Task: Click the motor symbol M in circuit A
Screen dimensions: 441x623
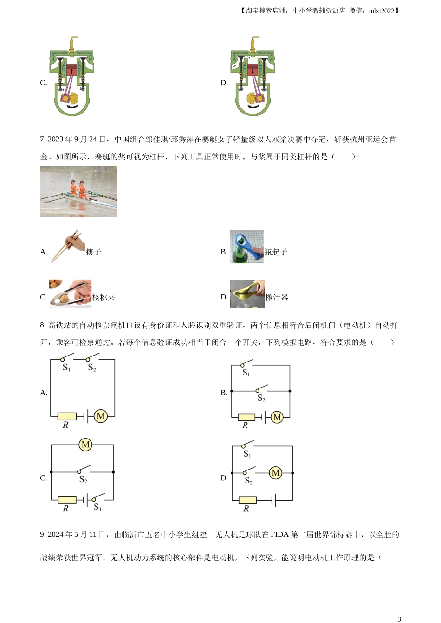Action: click(x=101, y=416)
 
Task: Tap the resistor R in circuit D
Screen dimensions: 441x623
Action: click(x=247, y=500)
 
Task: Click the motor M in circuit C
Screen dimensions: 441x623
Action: click(x=85, y=445)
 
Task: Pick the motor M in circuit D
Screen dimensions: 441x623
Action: click(x=276, y=472)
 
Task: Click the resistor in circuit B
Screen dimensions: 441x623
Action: click(x=246, y=417)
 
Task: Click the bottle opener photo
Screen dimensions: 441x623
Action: click(x=246, y=247)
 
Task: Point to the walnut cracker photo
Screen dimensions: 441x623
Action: click(x=70, y=293)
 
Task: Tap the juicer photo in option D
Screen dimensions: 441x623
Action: click(x=247, y=294)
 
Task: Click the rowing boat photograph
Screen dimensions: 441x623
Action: click(x=78, y=191)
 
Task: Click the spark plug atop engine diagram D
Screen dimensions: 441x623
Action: click(x=253, y=44)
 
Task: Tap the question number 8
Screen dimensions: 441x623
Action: click(x=43, y=325)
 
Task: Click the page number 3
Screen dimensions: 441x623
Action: click(x=399, y=619)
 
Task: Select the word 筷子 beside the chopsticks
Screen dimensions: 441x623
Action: click(x=93, y=252)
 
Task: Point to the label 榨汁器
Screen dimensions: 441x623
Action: click(x=277, y=297)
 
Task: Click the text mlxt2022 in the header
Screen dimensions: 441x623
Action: click(x=382, y=11)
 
